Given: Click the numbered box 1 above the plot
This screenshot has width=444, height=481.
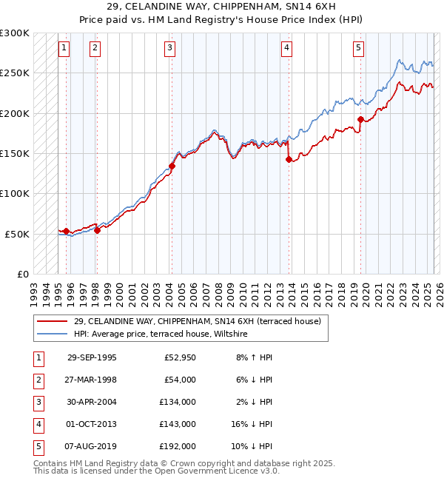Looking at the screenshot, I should [64, 48].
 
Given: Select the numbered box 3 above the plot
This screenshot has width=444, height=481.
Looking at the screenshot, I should [170, 48].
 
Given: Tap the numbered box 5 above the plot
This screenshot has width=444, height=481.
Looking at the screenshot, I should [358, 48].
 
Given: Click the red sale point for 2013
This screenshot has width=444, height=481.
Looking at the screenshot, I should [289, 159].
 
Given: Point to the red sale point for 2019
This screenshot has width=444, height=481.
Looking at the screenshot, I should [360, 119].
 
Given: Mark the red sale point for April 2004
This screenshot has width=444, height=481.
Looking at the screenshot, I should [172, 166].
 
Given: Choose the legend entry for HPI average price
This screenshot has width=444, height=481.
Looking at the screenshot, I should [160, 334].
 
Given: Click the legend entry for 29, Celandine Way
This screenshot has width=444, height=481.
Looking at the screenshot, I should [197, 322].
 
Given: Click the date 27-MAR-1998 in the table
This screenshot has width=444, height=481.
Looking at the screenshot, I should [92, 380].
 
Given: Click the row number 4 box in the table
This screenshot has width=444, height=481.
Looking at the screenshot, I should [38, 425].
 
